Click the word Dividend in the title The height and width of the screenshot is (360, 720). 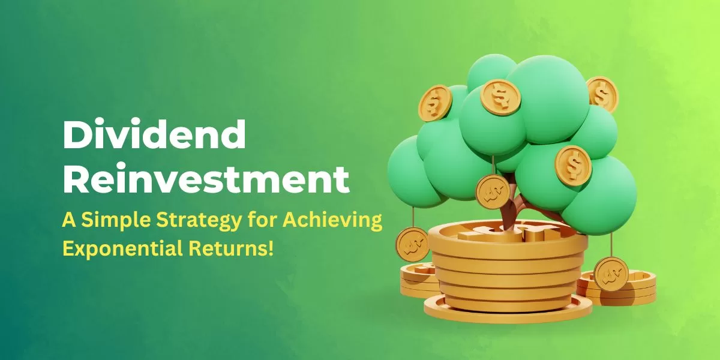[x=154, y=134]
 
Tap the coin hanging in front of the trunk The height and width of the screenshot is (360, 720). [x=493, y=192]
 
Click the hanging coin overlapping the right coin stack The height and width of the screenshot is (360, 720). [x=611, y=274]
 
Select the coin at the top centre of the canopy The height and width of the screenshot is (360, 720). [x=500, y=97]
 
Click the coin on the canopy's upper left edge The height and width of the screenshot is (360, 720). [x=435, y=103]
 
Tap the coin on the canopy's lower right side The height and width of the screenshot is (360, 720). [x=574, y=166]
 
